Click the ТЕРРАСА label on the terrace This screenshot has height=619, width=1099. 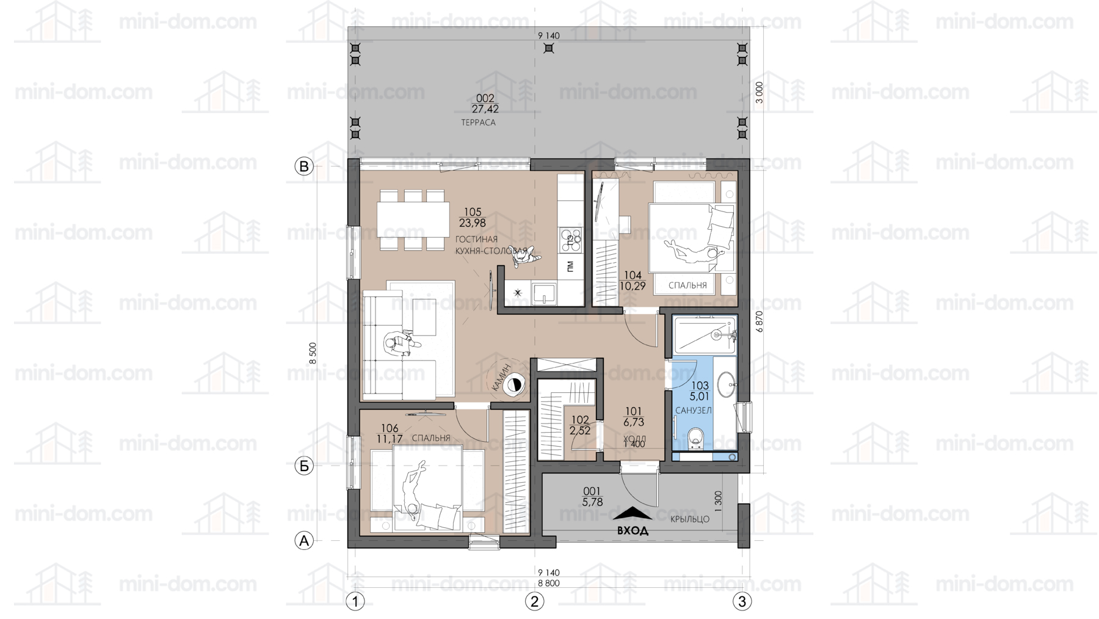tap(478, 122)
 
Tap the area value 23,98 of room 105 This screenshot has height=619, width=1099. tap(473, 224)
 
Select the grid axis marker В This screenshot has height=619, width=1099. tap(304, 166)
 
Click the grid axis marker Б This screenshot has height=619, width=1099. tap(304, 466)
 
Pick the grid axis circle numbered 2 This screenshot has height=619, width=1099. tap(535, 601)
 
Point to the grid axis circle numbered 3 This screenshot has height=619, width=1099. tap(742, 601)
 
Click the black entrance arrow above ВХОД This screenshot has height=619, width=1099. tap(633, 514)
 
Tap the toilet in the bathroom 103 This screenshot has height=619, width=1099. tap(695, 439)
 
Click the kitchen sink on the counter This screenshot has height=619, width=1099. tap(543, 294)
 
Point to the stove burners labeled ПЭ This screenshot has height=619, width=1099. tap(571, 240)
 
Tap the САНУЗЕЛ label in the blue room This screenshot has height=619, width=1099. tap(693, 411)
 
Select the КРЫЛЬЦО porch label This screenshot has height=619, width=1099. tap(690, 519)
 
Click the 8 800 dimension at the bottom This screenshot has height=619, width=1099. tap(548, 583)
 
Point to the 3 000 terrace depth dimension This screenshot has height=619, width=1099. tap(760, 92)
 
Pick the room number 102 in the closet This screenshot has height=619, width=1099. tap(579, 420)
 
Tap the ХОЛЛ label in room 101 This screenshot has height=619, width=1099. tap(634, 439)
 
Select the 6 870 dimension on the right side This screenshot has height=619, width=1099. tap(760, 321)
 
